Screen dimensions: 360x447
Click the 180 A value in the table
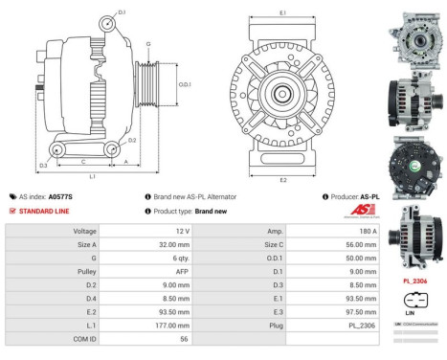(x=368, y=232)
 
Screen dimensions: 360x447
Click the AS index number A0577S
(x=60, y=196)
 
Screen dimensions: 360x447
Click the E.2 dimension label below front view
(x=282, y=179)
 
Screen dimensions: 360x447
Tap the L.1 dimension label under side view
(x=91, y=178)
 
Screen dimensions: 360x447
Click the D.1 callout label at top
(x=122, y=11)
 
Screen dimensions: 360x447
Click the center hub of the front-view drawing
(x=283, y=96)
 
